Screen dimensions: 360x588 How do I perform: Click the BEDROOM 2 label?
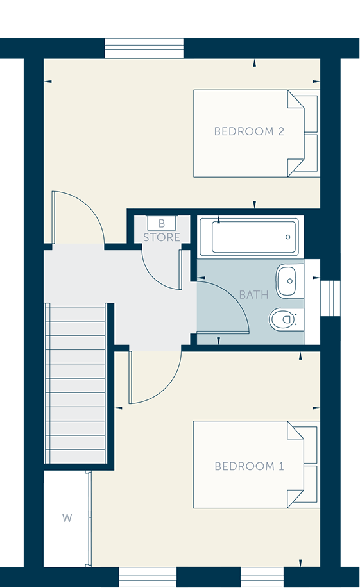coord(249,131)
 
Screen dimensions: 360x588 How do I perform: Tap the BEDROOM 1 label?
coord(249,466)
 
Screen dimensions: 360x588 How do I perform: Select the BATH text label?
coord(253,295)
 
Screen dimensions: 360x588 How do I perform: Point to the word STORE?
coord(162,237)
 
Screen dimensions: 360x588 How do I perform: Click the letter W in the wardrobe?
coord(67,518)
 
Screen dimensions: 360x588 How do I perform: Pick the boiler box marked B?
coord(162,223)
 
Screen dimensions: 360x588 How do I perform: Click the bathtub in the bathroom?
coord(250,237)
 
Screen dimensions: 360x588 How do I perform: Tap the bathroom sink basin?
coord(289,281)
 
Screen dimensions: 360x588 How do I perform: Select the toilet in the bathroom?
coord(286,319)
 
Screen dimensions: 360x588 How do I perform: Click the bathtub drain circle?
coord(288,237)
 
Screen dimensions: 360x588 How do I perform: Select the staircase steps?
coord(76,383)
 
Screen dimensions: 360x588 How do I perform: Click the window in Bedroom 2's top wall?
coord(144,48)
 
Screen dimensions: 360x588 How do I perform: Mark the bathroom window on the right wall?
coord(330,299)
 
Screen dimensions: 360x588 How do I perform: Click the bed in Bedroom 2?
coord(257,133)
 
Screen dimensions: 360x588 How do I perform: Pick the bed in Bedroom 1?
coord(257,465)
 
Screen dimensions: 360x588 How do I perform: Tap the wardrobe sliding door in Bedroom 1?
coord(89,519)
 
